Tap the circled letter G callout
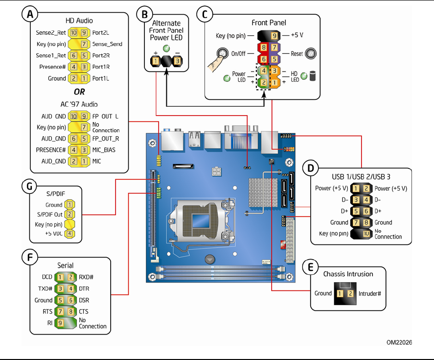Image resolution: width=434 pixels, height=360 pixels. [x=30, y=186]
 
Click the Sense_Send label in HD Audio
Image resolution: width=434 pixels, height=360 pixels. [x=107, y=44]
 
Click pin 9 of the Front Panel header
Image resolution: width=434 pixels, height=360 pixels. [x=274, y=36]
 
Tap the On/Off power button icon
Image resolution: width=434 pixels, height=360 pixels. [x=221, y=53]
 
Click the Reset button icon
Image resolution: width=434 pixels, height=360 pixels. [x=310, y=53]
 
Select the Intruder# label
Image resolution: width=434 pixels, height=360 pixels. [x=369, y=293]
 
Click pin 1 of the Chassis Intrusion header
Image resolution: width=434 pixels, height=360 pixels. [x=340, y=293]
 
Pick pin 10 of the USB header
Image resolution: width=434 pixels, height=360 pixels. [x=366, y=233]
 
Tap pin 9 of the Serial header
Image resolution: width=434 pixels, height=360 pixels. [x=59, y=323]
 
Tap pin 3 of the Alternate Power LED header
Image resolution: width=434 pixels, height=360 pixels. [x=177, y=61]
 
